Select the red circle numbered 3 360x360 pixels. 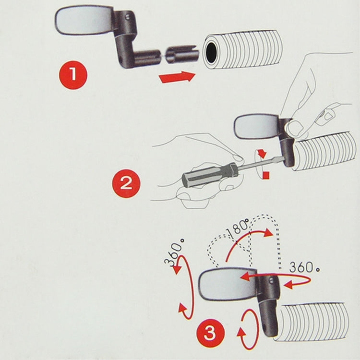pos(210,332)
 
